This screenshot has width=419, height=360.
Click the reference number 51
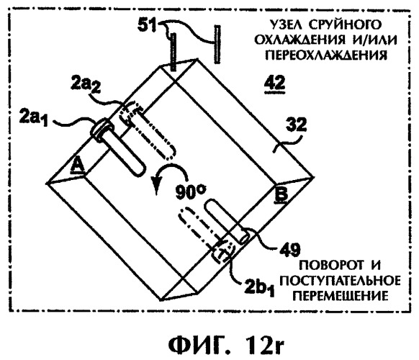[x=147, y=26]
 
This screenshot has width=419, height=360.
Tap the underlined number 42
[x=274, y=83]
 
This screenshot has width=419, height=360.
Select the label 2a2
[x=86, y=86]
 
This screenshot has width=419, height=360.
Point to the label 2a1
[x=34, y=119]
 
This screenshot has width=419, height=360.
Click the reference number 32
[x=296, y=125]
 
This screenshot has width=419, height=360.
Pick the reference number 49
[x=290, y=251]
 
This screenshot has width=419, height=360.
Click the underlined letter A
[x=78, y=165]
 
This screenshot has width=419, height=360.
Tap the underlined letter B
[x=281, y=195]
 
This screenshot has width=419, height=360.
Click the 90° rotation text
[x=191, y=192]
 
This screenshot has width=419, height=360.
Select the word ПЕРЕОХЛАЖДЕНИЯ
[x=325, y=55]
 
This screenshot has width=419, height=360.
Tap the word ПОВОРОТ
[x=331, y=265]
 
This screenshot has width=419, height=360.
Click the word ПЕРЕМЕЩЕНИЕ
[x=341, y=296]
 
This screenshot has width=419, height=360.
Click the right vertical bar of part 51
[x=217, y=45]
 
